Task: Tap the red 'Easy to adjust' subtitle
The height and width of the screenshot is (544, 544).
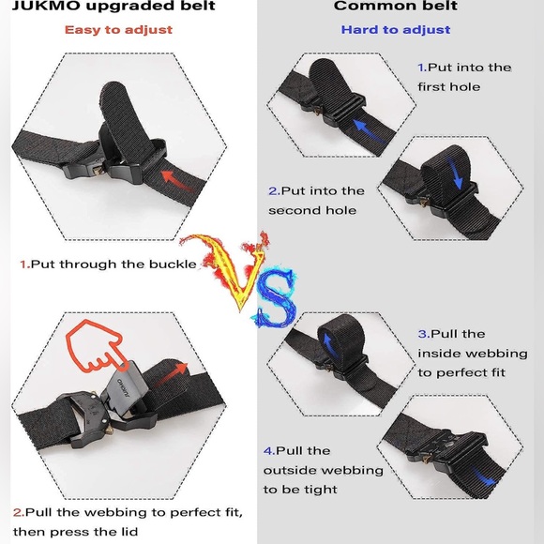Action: [x=118, y=29]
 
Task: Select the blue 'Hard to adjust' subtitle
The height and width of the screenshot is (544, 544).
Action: [x=395, y=29]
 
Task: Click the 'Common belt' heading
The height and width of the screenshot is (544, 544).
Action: [x=394, y=7]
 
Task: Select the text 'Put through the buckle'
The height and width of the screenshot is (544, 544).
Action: [x=113, y=264]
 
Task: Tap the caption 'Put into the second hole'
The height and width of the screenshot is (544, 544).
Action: [x=316, y=201]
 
